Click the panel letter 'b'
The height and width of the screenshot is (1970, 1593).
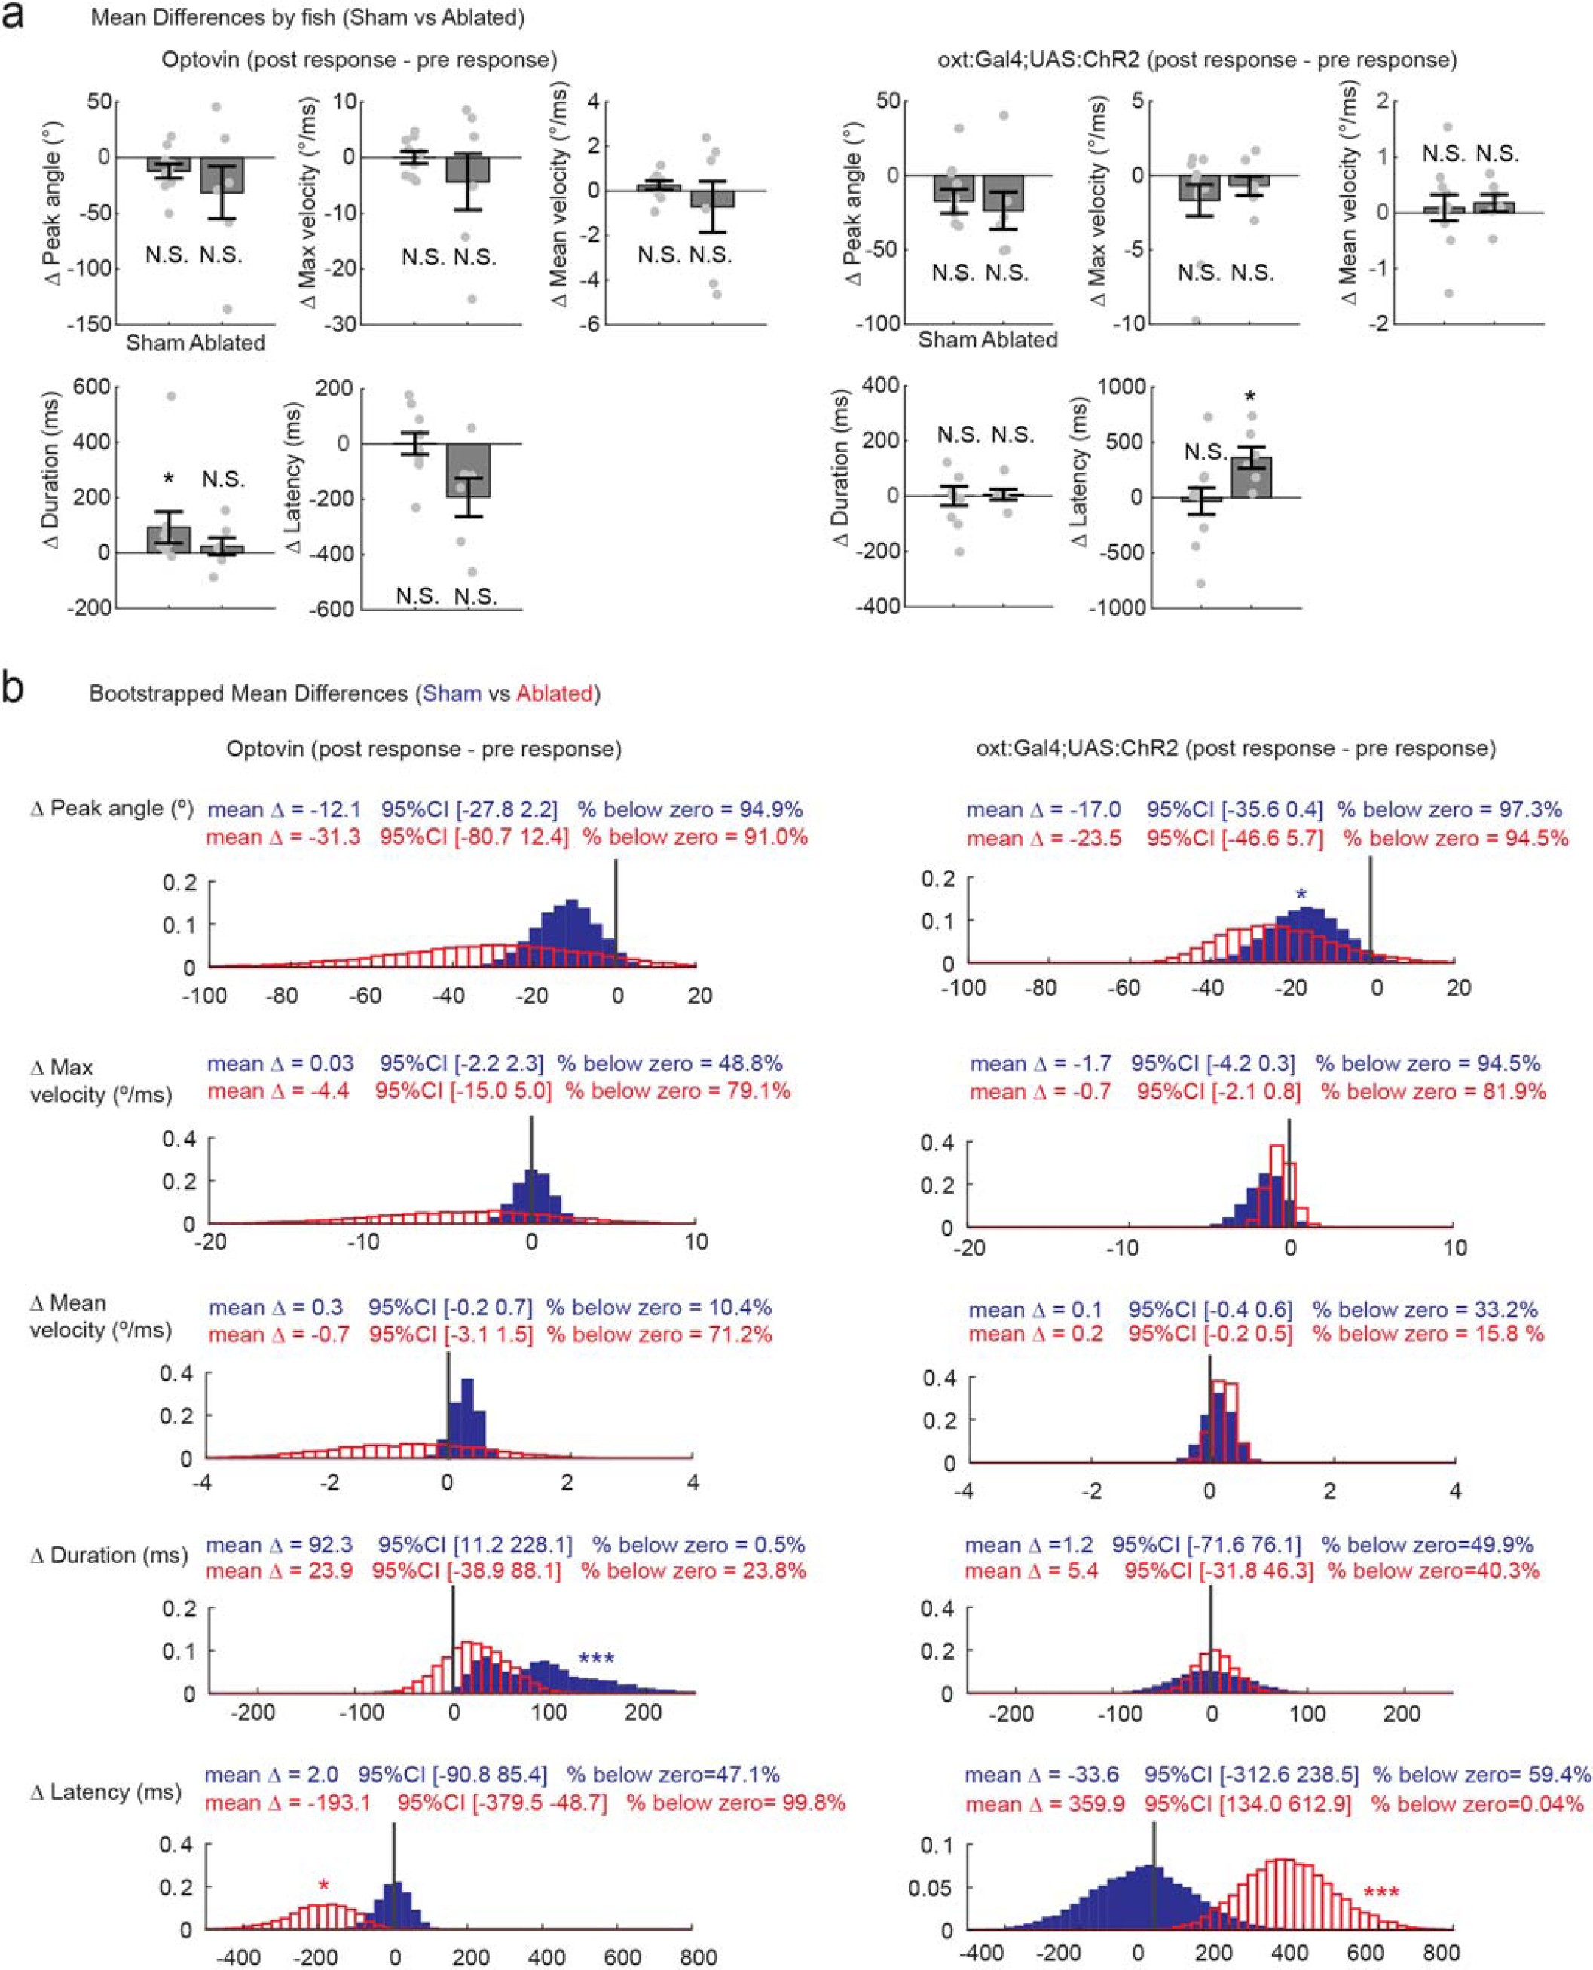[14, 688]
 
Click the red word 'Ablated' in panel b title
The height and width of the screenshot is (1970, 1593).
[555, 693]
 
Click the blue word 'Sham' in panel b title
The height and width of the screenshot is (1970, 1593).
[451, 693]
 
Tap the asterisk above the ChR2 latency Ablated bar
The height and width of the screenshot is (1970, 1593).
[1250, 398]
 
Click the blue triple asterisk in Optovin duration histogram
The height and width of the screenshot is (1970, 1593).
[597, 1660]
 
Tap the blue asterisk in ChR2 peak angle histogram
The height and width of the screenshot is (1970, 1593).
[1301, 895]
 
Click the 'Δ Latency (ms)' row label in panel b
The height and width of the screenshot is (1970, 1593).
[105, 1792]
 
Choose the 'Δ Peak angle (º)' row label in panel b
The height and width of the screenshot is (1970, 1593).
[112, 809]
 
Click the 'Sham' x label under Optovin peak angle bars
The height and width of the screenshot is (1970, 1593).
[155, 343]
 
